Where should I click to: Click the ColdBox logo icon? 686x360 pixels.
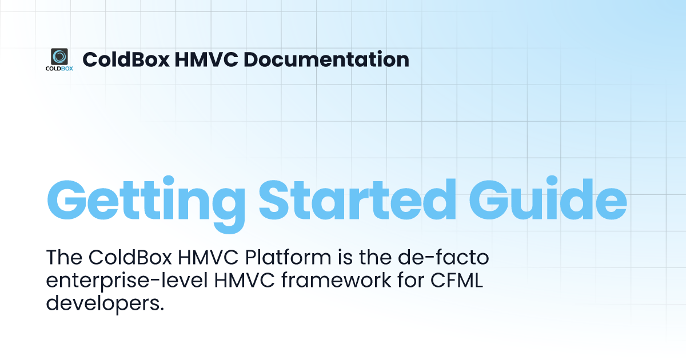(x=59, y=56)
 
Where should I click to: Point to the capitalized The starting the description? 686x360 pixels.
(x=65, y=259)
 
